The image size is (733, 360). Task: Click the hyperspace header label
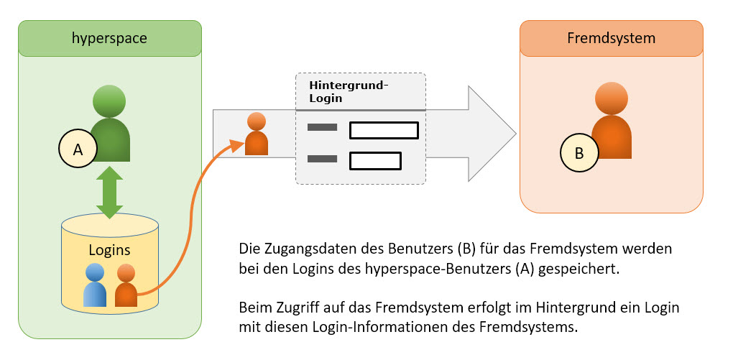[x=110, y=38]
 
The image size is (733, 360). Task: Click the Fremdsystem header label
[x=611, y=38]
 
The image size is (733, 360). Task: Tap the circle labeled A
[x=78, y=149]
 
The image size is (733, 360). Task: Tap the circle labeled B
[x=579, y=154]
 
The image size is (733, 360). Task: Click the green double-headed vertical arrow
[x=109, y=192]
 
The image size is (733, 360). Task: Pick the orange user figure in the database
[x=126, y=285]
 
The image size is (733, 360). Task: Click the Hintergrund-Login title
[x=349, y=92]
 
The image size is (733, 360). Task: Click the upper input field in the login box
[x=383, y=131]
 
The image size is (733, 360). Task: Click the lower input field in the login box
[x=374, y=161]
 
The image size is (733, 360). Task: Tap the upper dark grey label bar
[x=322, y=128]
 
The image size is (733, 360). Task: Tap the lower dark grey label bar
[x=322, y=159]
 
